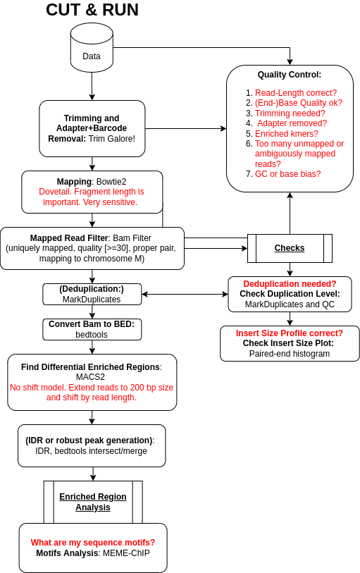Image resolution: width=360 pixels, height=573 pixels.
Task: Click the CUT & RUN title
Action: click(92, 10)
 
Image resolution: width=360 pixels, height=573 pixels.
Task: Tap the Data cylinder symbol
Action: click(92, 47)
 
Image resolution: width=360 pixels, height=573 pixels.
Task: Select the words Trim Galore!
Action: click(112, 139)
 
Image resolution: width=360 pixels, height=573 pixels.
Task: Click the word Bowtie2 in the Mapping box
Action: click(111, 182)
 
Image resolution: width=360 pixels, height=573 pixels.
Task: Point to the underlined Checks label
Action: click(290, 248)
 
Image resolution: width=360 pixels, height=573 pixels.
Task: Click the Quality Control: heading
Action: click(290, 75)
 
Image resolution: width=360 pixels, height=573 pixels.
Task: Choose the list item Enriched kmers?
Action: click(287, 134)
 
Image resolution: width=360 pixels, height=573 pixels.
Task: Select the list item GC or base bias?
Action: click(287, 174)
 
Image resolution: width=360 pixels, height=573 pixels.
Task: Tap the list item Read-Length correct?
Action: click(296, 93)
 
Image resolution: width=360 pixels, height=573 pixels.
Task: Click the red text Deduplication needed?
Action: click(290, 284)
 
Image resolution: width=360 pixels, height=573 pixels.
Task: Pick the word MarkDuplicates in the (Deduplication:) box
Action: click(92, 300)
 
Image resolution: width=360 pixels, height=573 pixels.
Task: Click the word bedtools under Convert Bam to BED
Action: click(92, 335)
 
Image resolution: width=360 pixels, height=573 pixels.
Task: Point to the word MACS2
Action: click(90, 377)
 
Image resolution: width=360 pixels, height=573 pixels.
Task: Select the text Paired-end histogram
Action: click(290, 354)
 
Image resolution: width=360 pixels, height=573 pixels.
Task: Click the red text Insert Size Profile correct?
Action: click(290, 333)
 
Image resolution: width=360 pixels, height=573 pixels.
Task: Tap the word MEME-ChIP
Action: click(126, 553)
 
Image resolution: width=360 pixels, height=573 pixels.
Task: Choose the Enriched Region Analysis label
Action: click(93, 502)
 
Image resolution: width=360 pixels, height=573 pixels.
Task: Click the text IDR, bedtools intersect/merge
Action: click(92, 451)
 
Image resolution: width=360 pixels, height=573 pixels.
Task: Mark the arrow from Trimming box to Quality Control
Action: click(186, 129)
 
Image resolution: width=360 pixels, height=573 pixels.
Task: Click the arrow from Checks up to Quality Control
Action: click(290, 214)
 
